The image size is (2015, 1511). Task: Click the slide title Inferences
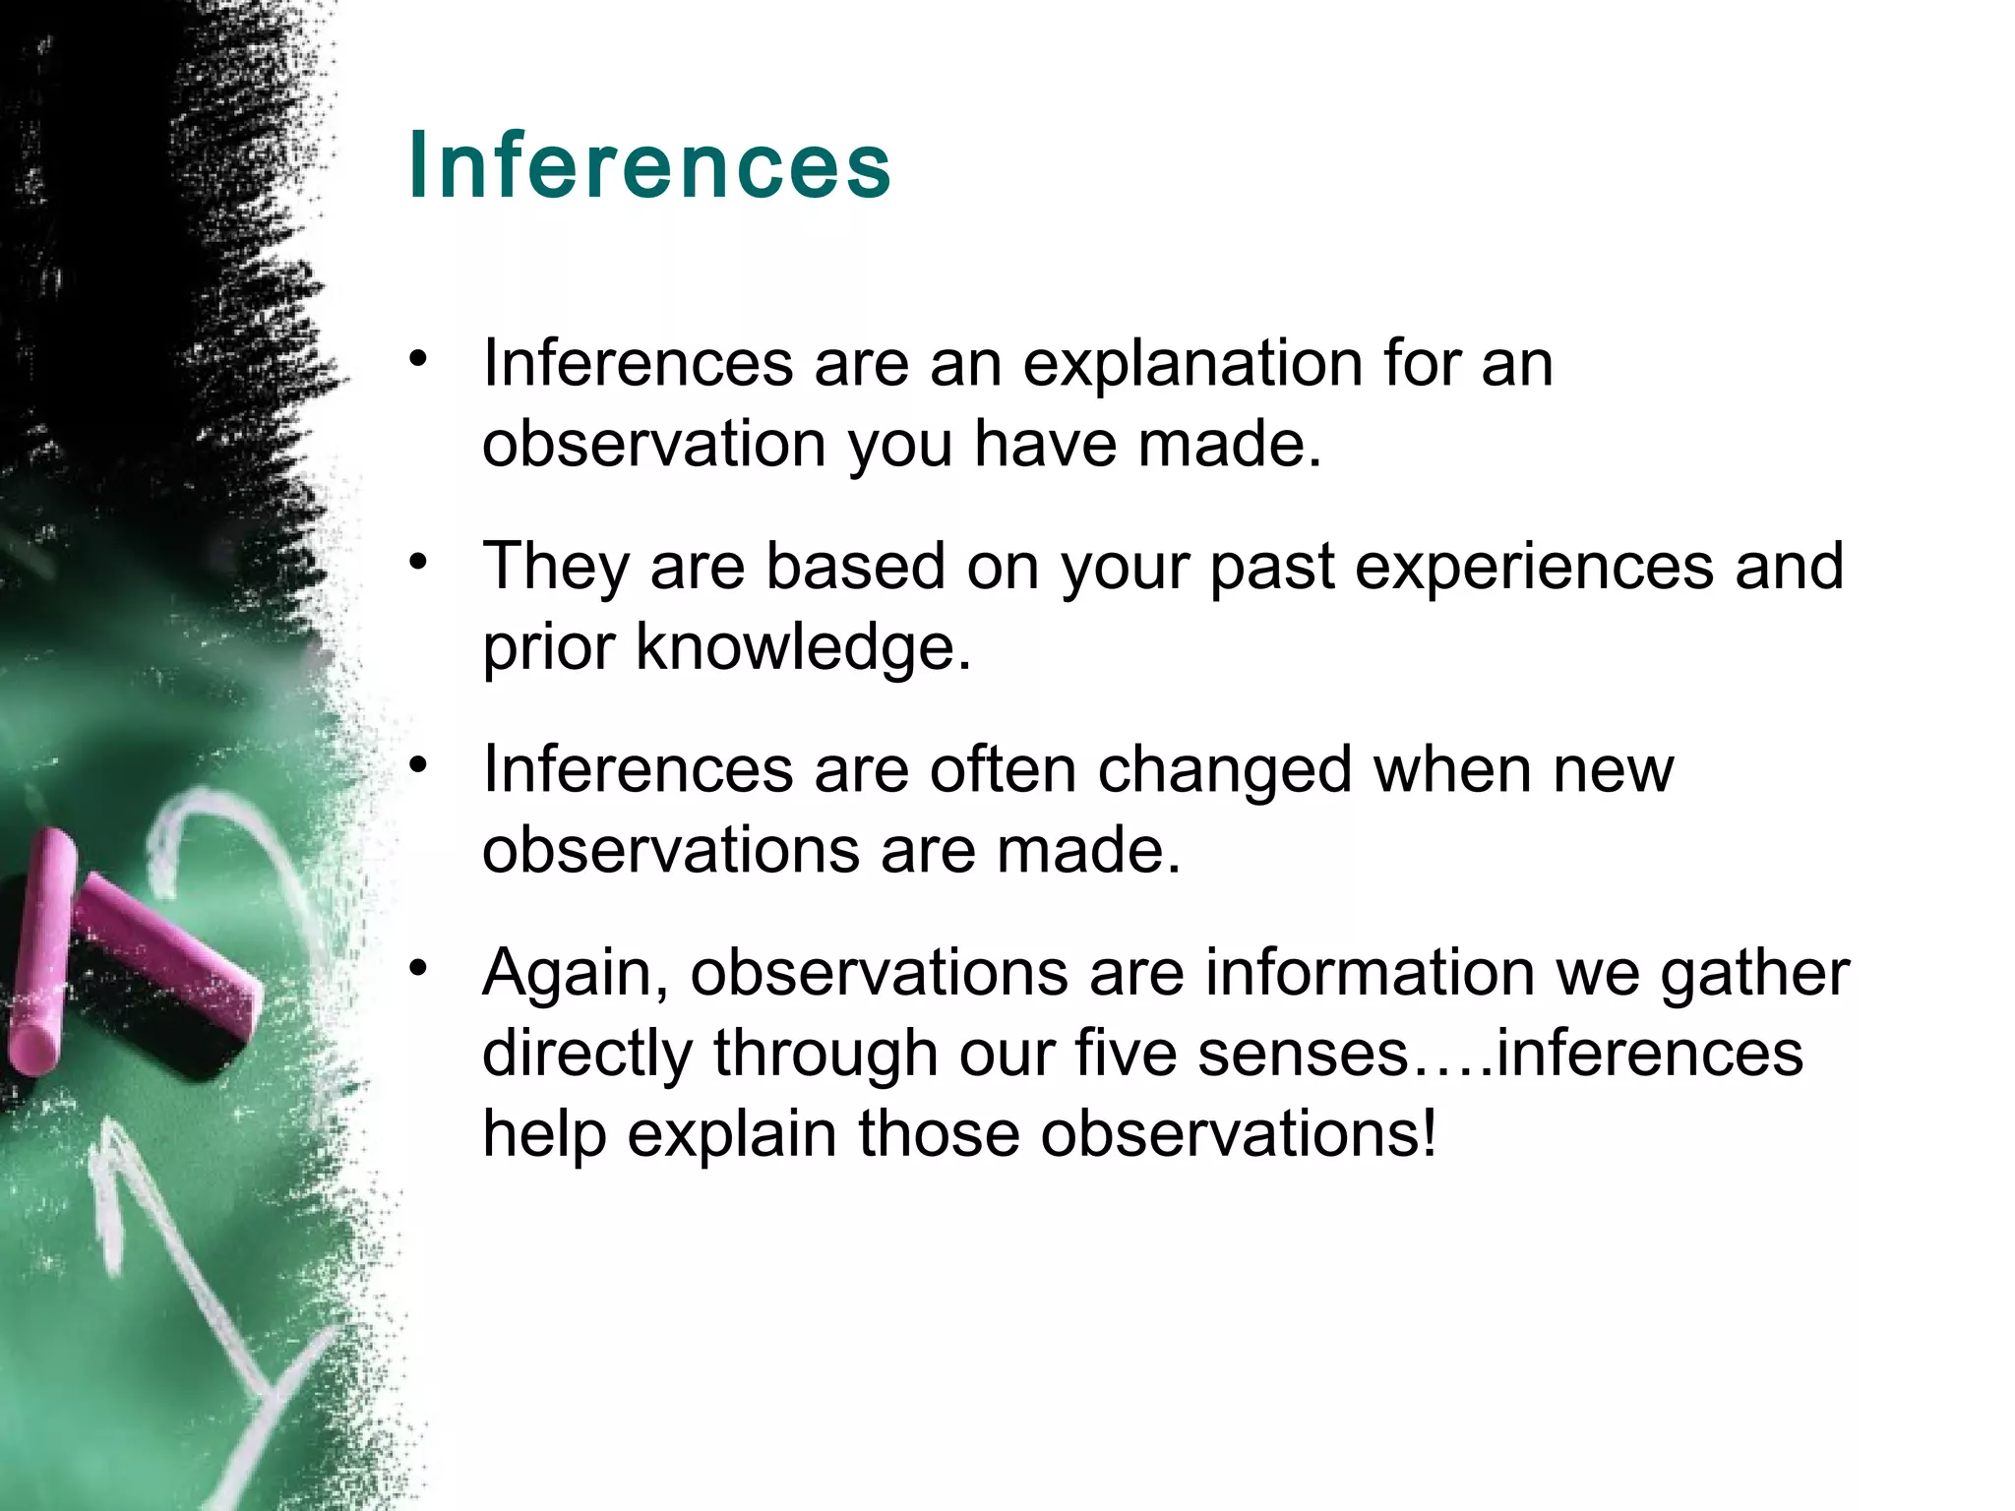pyautogui.click(x=649, y=165)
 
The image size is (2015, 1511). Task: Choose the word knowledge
pyautogui.click(x=803, y=648)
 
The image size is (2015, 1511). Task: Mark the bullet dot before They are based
pyautogui.click(x=419, y=563)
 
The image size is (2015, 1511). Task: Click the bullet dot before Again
pyautogui.click(x=419, y=968)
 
